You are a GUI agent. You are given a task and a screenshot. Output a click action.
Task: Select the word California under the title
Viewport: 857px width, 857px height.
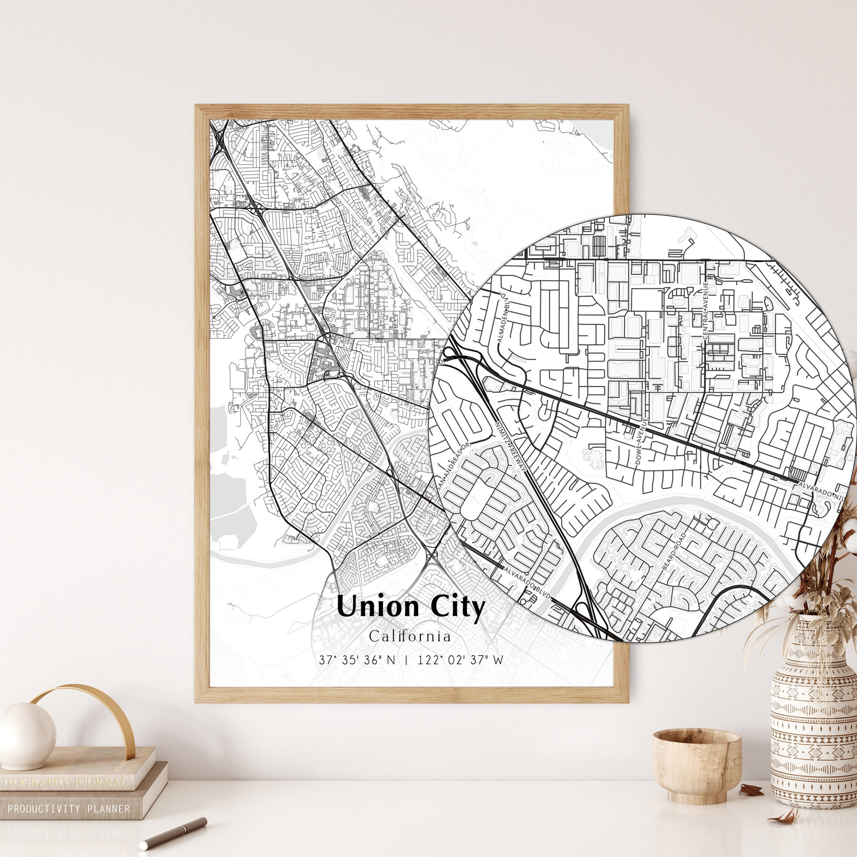410,636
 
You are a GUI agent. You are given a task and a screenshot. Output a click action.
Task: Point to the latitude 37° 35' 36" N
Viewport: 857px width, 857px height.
357,660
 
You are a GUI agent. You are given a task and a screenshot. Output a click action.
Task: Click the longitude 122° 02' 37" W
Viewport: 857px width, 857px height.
460,660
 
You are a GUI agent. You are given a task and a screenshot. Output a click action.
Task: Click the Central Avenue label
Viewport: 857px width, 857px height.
706,313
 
